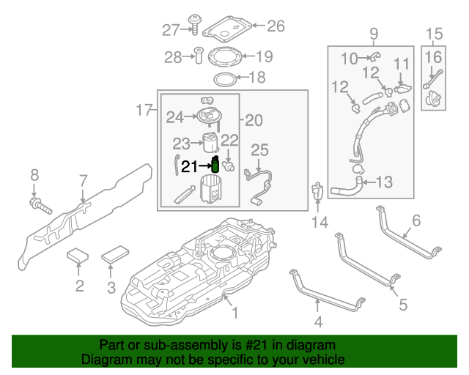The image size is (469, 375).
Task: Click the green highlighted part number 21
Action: [215, 166]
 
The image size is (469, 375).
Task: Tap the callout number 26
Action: [276, 26]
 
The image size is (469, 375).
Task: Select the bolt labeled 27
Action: [194, 23]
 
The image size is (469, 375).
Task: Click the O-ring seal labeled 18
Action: [225, 78]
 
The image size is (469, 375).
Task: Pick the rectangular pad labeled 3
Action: [114, 256]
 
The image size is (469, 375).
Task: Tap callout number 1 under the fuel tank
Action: [235, 313]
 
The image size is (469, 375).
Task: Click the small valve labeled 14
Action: [318, 192]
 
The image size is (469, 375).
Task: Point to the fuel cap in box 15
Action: [435, 96]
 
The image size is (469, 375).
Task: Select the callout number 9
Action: [373, 33]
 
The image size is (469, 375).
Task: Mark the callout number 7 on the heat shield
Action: [83, 180]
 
